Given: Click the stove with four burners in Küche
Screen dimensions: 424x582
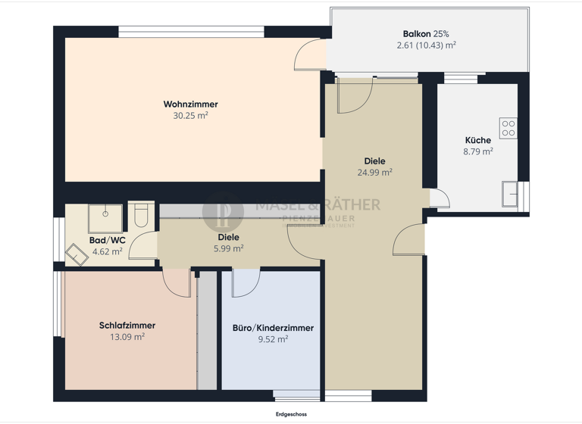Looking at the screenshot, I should tap(508, 128).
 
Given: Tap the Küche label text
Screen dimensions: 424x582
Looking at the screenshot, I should tap(478, 140).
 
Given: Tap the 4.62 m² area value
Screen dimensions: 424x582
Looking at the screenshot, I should tap(107, 251).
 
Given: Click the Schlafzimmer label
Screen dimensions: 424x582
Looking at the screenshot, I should tap(127, 326).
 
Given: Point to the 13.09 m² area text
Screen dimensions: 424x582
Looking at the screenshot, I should tap(127, 337).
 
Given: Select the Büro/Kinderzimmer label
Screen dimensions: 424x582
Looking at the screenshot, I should tap(273, 329).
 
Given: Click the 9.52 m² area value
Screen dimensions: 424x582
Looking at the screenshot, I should tap(273, 340).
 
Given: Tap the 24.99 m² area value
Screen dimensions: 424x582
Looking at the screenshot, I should tap(374, 172).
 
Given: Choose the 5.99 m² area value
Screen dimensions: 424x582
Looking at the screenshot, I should tap(229, 248).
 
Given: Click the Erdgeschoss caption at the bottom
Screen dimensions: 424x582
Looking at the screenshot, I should tap(291, 414).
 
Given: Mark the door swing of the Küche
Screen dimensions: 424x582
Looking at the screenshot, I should tap(439, 198).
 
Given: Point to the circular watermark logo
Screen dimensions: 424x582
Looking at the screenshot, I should tap(224, 211).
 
